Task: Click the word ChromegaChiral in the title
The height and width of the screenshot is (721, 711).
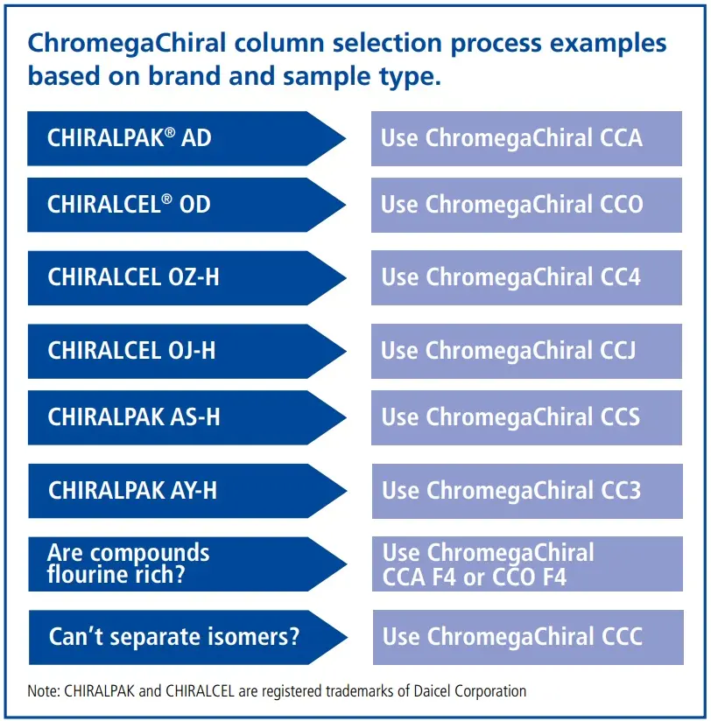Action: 127,44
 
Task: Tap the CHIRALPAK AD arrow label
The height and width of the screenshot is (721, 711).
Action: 130,137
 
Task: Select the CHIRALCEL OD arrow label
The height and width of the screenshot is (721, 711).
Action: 129,204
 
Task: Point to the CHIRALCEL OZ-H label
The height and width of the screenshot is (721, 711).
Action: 133,277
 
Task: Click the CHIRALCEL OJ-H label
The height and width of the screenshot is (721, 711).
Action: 131,350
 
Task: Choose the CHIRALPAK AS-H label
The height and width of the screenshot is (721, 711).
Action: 134,417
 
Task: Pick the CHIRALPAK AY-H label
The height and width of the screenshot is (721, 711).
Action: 132,490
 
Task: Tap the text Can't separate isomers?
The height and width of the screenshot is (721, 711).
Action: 174,637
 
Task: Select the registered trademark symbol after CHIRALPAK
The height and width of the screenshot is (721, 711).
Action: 170,132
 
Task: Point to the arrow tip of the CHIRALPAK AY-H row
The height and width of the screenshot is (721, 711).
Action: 346,491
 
